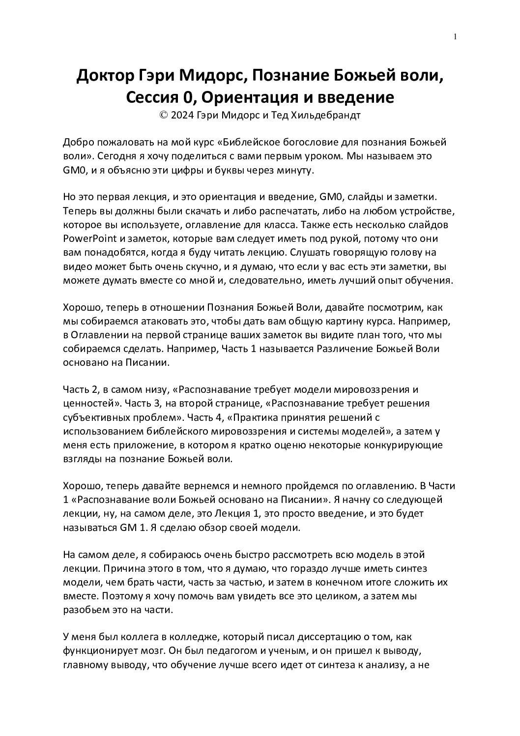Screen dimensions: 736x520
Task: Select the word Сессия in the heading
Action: coord(151,97)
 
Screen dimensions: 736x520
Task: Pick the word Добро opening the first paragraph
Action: coord(78,143)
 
